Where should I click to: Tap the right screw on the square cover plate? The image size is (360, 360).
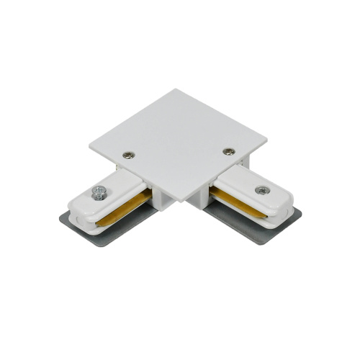click(x=229, y=151)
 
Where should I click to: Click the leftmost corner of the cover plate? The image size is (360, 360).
click(x=91, y=148)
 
